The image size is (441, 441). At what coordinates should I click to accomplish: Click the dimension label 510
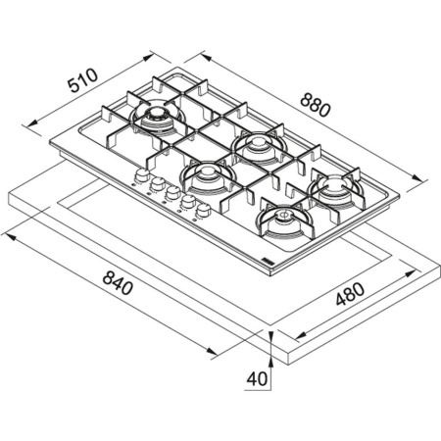[x=82, y=80]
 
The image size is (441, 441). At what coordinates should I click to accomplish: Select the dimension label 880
[x=316, y=105]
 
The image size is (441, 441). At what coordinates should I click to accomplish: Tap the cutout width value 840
[x=118, y=283]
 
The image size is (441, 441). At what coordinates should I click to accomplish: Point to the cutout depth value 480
[x=350, y=294]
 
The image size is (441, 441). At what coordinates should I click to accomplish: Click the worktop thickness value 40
[x=257, y=379]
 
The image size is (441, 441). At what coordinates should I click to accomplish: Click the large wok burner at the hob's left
[x=158, y=120]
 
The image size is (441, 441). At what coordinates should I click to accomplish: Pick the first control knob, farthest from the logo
[x=141, y=175]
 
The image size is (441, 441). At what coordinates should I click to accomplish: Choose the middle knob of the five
[x=171, y=193]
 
